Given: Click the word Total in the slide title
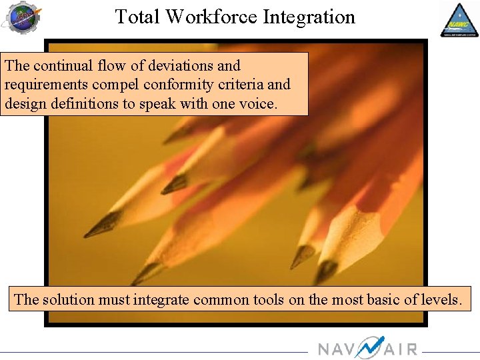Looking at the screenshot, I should point(138,17).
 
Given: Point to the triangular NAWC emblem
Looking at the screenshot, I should point(459,20).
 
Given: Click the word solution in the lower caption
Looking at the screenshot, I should point(68,299).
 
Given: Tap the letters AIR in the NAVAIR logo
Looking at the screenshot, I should point(401,349).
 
